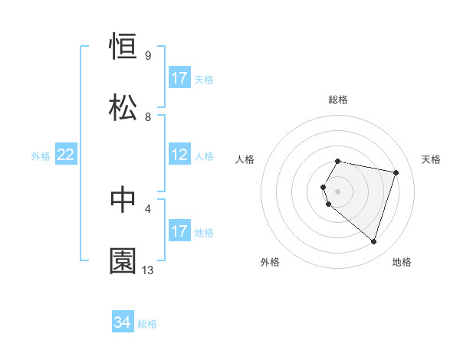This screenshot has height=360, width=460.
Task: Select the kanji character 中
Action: (x=123, y=200)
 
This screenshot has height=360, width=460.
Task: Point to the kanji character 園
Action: (x=123, y=260)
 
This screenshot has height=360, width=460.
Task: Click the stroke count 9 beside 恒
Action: (x=147, y=56)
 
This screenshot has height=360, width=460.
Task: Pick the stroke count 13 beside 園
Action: (x=148, y=270)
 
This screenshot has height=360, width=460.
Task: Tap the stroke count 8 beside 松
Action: (x=147, y=116)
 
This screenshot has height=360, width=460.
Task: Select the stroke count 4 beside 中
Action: (x=147, y=208)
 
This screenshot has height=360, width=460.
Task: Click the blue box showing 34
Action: (x=123, y=323)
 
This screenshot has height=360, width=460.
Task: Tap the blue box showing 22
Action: (x=66, y=155)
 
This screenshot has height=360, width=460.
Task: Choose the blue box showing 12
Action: (x=179, y=155)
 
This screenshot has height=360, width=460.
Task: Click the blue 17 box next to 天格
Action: (x=179, y=78)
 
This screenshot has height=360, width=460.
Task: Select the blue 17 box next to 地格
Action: (x=179, y=231)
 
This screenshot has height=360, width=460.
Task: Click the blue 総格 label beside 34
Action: (x=147, y=324)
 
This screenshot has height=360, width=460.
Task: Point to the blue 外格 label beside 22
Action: (x=41, y=156)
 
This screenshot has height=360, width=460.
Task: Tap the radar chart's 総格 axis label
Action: (x=338, y=100)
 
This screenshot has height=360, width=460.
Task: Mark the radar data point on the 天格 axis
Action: (x=396, y=172)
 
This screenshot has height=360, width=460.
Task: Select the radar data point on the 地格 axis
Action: (x=373, y=241)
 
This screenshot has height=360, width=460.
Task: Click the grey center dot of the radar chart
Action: (x=338, y=191)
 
